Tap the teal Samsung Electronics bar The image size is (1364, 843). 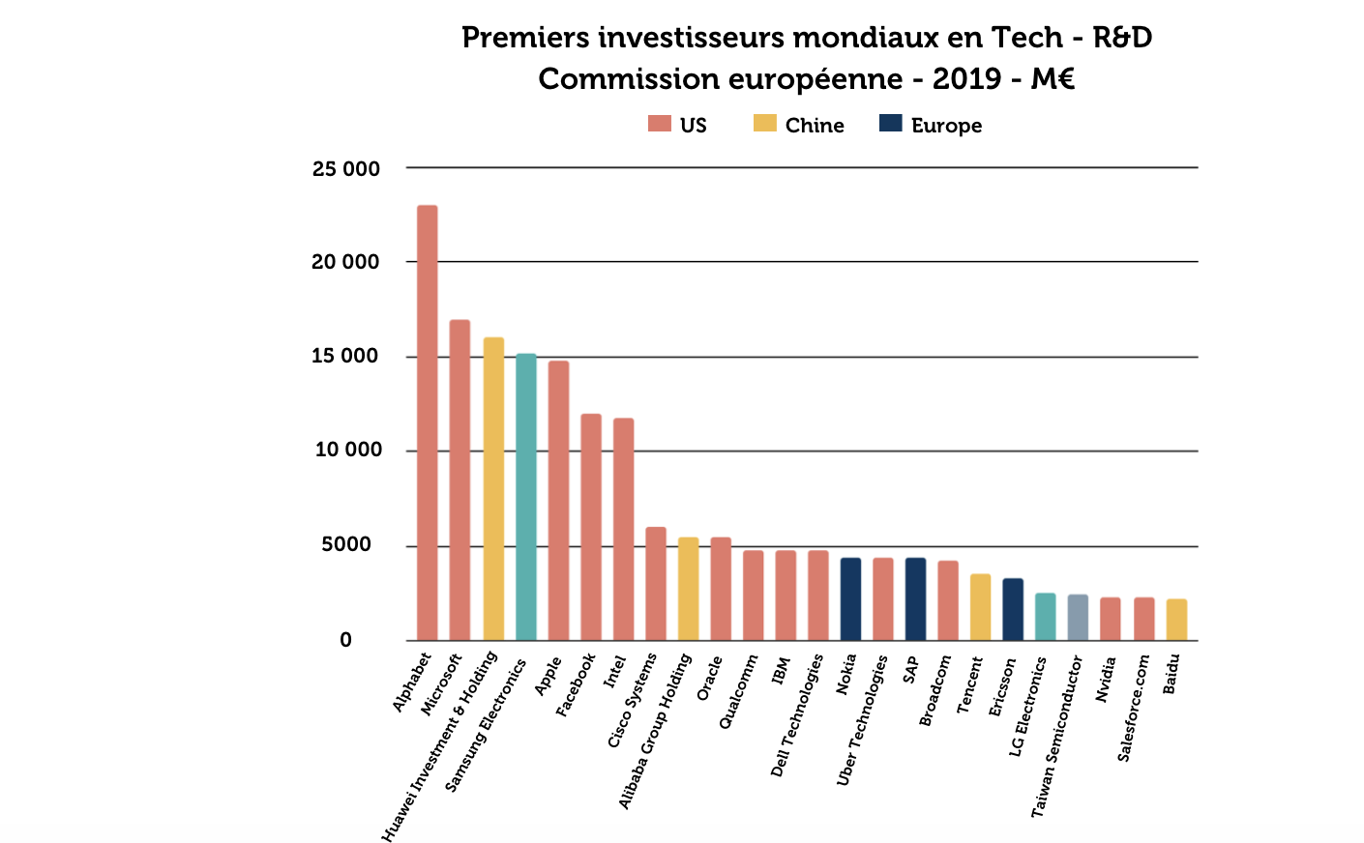(x=525, y=497)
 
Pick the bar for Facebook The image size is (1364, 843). (x=590, y=527)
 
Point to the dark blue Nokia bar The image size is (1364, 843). (x=850, y=598)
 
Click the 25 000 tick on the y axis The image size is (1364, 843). (x=345, y=169)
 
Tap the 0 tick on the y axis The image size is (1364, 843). (x=345, y=640)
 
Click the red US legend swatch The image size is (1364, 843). (x=659, y=124)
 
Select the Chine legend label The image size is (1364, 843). (x=815, y=126)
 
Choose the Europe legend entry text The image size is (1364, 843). (x=946, y=126)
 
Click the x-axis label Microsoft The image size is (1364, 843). (x=442, y=684)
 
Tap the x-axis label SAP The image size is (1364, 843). (x=911, y=670)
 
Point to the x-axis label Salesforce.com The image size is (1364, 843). (x=1134, y=708)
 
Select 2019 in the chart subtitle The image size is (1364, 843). (x=967, y=79)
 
